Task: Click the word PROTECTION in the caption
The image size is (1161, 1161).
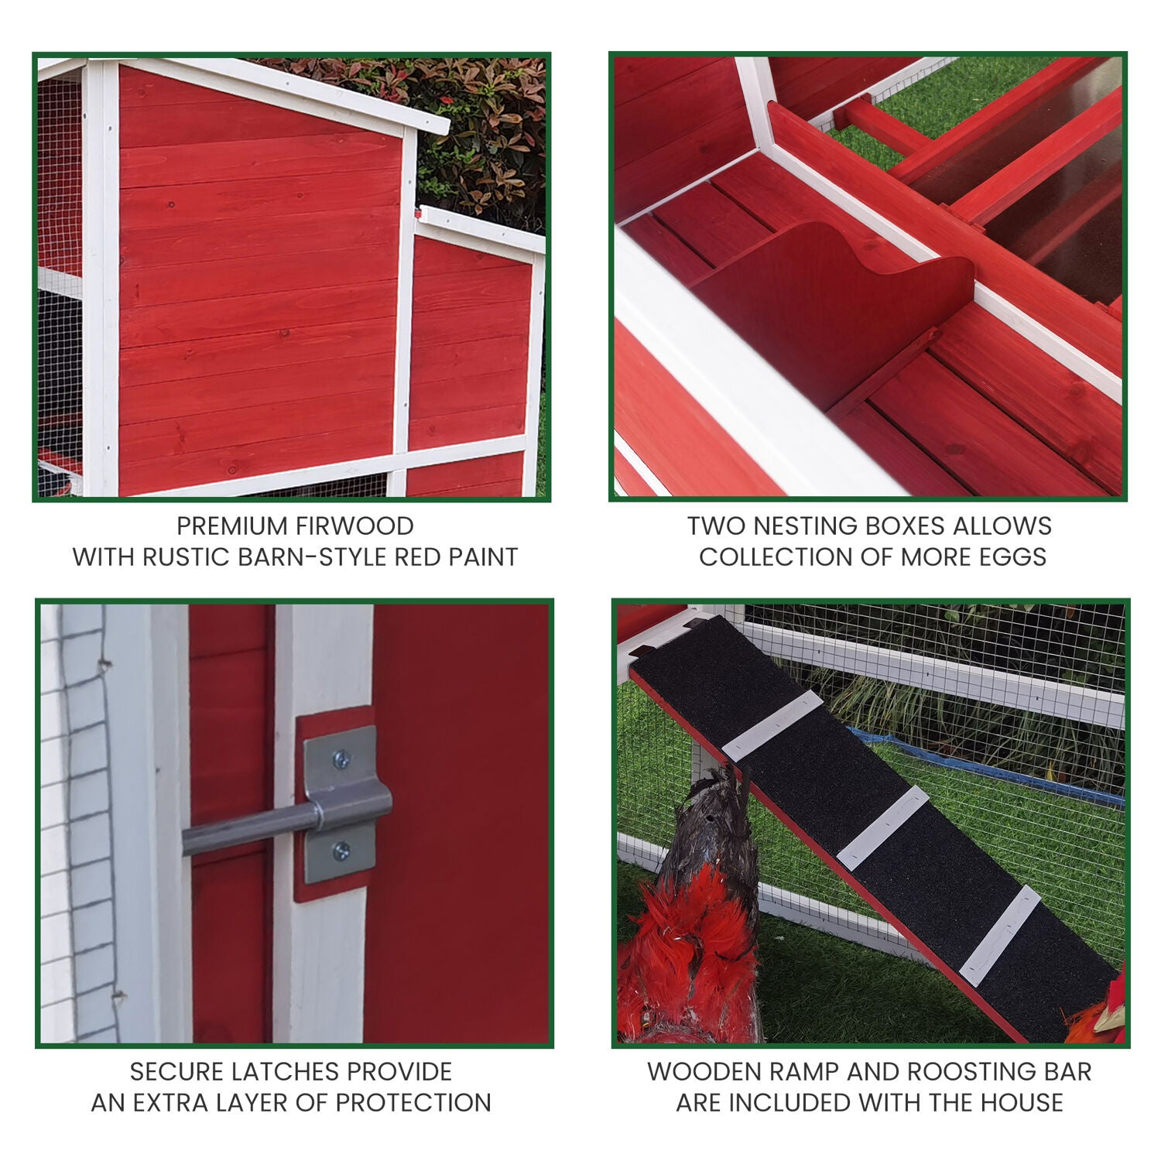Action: tap(414, 1103)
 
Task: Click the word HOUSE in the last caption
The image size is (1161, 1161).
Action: tap(1022, 1103)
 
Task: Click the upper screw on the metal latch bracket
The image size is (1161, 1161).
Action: tap(341, 761)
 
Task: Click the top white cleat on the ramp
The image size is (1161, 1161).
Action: tap(772, 725)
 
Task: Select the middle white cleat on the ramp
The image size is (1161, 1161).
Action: tap(882, 827)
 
